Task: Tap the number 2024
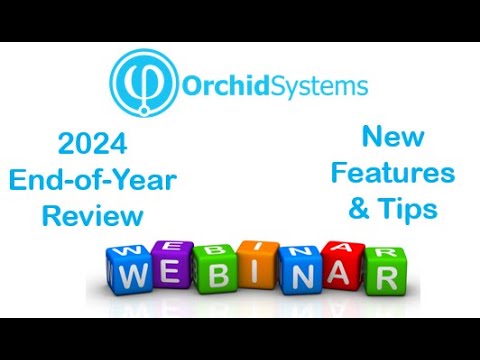click(x=92, y=145)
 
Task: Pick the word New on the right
click(x=392, y=136)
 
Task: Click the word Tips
click(x=411, y=207)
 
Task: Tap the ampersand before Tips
click(x=361, y=208)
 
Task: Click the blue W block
click(x=133, y=272)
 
